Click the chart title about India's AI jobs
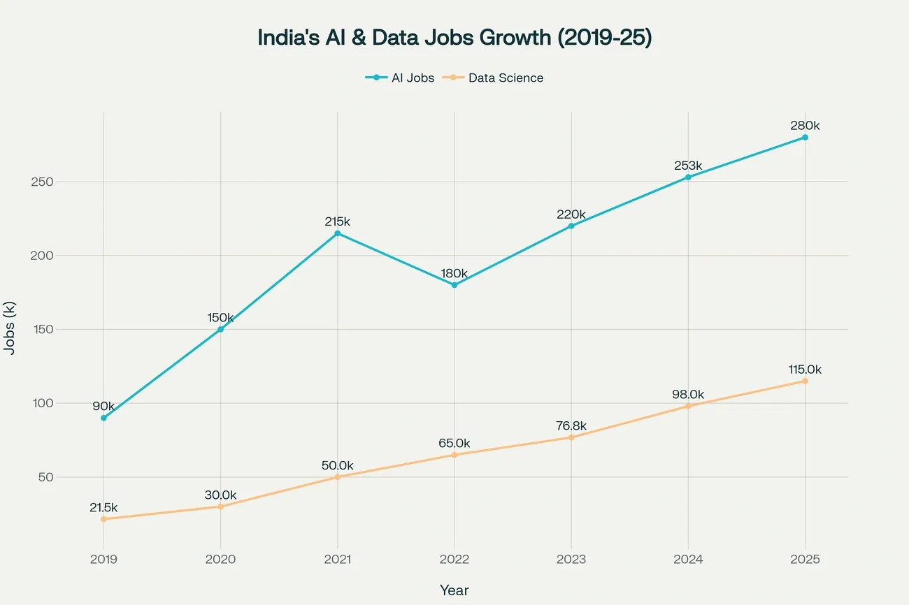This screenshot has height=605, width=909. (x=454, y=38)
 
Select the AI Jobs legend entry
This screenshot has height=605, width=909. (x=400, y=78)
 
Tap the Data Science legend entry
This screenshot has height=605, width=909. (x=496, y=78)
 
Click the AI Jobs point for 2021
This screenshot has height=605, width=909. (x=338, y=233)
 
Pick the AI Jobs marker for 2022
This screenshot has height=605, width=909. (x=454, y=285)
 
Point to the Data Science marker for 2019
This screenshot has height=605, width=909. (x=103, y=519)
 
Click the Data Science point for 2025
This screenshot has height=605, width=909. (x=805, y=381)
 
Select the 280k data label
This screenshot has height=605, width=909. (x=805, y=126)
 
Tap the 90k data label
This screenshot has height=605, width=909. (x=103, y=406)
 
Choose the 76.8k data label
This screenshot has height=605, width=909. (x=571, y=425)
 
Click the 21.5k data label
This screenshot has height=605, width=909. (x=103, y=508)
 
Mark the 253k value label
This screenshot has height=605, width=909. (x=688, y=166)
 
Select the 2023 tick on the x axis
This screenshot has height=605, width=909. (x=571, y=560)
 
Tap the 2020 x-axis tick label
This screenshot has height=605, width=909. (x=221, y=560)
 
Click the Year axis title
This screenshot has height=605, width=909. (x=454, y=590)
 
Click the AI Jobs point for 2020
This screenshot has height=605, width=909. (x=221, y=329)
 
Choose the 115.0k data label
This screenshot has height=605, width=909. (x=805, y=370)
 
